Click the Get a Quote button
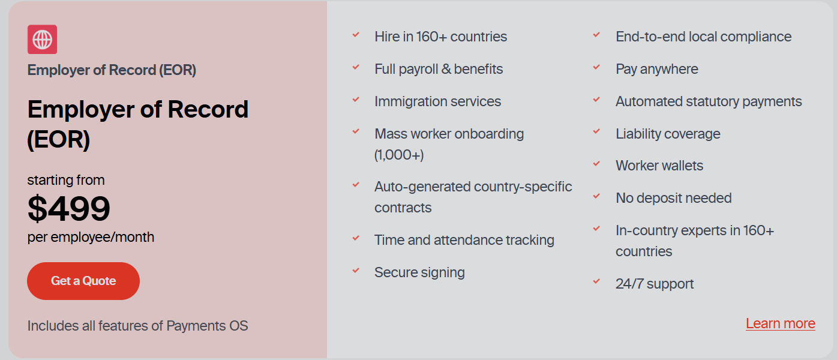tap(83, 281)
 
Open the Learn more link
tap(781, 323)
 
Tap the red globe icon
tap(42, 39)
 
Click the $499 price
tap(69, 208)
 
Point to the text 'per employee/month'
tap(91, 238)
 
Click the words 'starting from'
tap(66, 180)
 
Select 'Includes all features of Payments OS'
tap(137, 326)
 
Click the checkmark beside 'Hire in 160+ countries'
tap(356, 35)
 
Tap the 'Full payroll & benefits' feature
tap(439, 69)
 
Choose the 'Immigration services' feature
tap(437, 101)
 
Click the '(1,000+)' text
tap(399, 155)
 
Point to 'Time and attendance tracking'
tap(464, 240)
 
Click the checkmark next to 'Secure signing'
tap(356, 271)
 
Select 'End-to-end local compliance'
tap(704, 37)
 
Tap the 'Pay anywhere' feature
tap(657, 69)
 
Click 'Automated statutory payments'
tap(709, 101)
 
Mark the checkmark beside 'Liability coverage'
tap(597, 131)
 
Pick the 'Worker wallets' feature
tap(659, 166)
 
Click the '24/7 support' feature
tap(655, 284)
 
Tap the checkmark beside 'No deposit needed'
tap(597, 196)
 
